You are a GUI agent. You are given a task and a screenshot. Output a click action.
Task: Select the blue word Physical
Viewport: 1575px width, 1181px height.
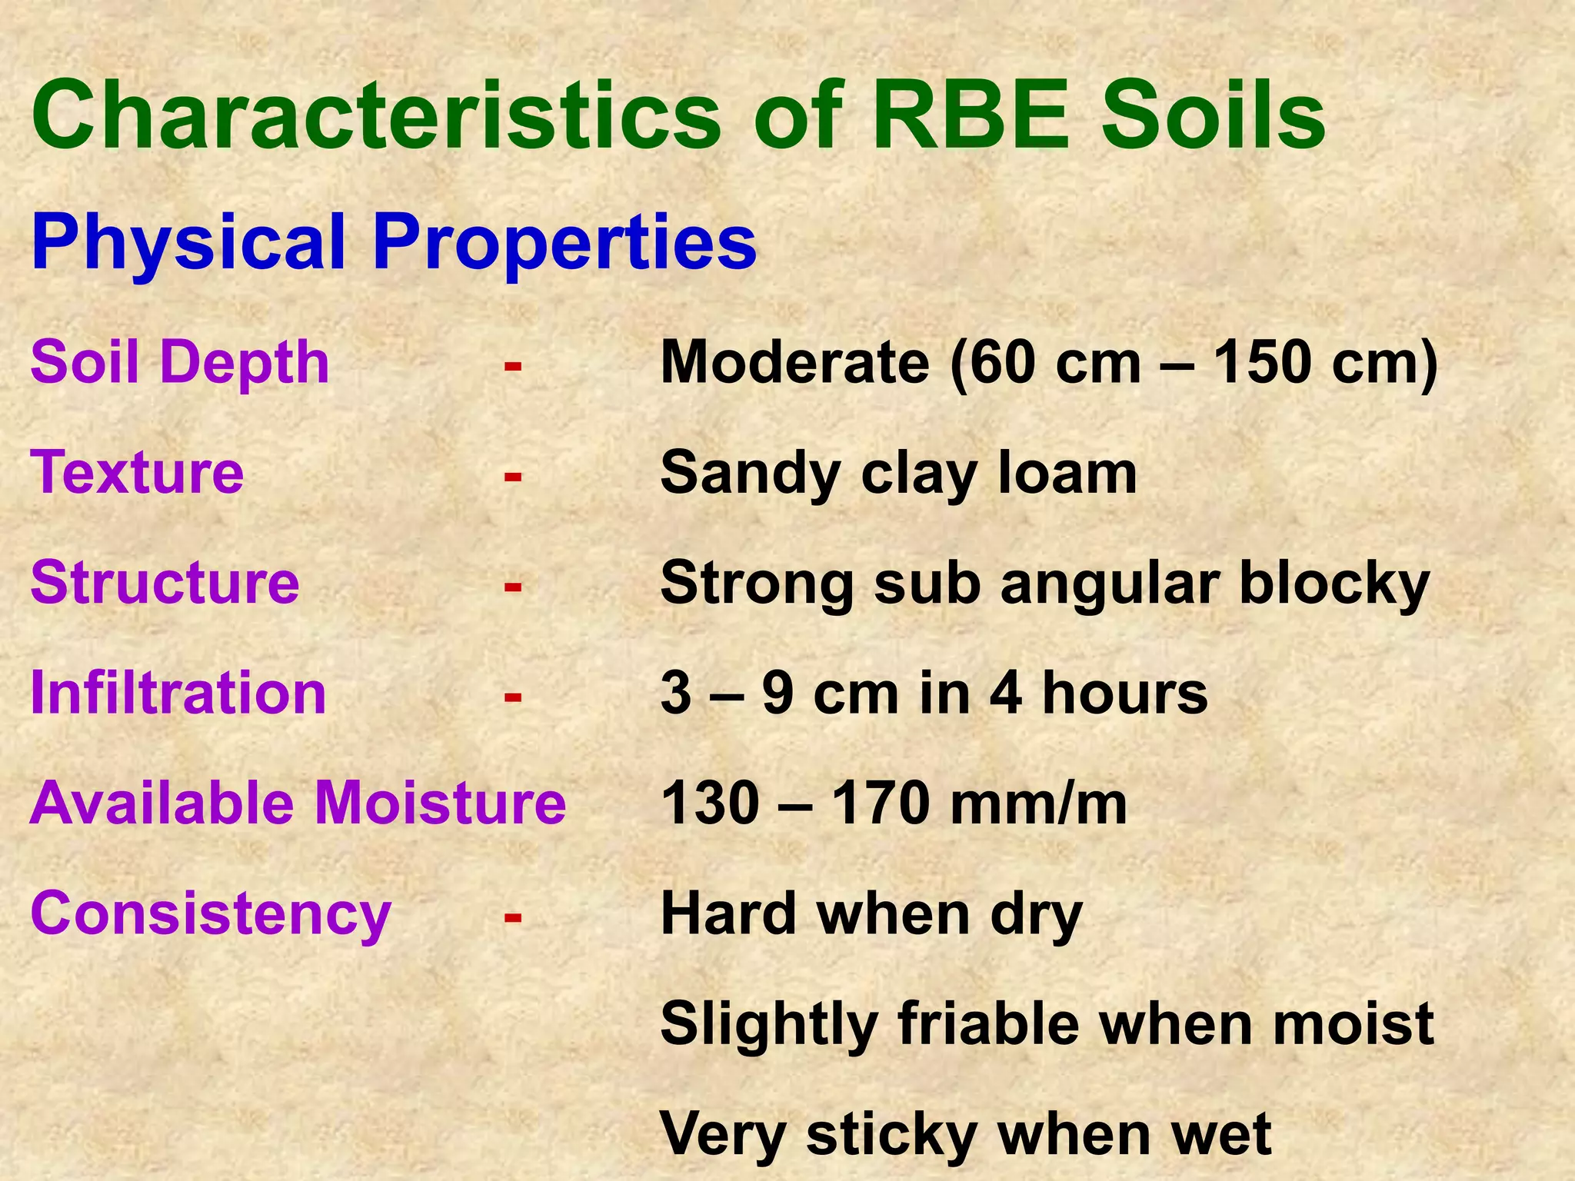pos(188,242)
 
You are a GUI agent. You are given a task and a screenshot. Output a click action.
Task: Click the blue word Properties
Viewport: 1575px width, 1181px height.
pos(565,242)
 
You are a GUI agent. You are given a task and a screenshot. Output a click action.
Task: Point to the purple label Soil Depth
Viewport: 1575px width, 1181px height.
pos(180,362)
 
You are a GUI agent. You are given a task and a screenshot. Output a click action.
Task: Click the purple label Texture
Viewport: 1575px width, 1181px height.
pos(137,472)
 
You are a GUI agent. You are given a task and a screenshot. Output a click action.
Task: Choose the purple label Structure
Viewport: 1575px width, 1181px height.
pos(165,582)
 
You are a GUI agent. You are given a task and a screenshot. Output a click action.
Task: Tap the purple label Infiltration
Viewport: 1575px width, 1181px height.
pos(178,693)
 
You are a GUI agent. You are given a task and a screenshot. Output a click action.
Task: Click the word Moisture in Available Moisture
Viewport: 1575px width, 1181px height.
pos(441,803)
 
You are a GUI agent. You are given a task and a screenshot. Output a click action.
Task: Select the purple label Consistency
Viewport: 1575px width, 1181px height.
pos(210,913)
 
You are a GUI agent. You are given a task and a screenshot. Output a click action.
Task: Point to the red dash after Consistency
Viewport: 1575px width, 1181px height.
pos(513,917)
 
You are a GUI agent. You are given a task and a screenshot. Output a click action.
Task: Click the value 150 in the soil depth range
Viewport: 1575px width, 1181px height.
pos(1261,362)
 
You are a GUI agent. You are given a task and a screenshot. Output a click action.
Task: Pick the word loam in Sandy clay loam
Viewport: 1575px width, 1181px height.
pos(1067,472)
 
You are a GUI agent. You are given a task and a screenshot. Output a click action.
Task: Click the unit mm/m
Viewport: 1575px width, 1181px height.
pos(1038,804)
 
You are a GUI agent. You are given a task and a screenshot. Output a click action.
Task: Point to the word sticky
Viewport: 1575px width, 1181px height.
pos(892,1135)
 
